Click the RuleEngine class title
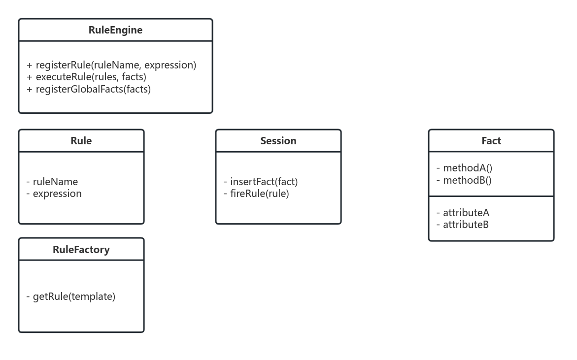pyautogui.click(x=115, y=30)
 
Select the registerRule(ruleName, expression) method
pyautogui.click(x=116, y=65)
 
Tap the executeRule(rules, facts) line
pyautogui.click(x=91, y=77)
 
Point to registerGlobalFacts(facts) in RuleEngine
pyautogui.click(x=93, y=89)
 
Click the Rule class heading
pyautogui.click(x=81, y=141)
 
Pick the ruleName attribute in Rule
pyautogui.click(x=55, y=182)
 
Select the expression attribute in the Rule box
pyautogui.click(x=57, y=194)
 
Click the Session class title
pyautogui.click(x=278, y=141)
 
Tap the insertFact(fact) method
pyautogui.click(x=264, y=182)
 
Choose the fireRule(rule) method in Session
pyautogui.click(x=259, y=194)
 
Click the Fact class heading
pyautogui.click(x=491, y=141)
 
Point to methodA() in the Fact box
pyautogui.click(x=467, y=168)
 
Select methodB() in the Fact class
pyautogui.click(x=467, y=180)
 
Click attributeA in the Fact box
pyautogui.click(x=466, y=213)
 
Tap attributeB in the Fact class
pyautogui.click(x=466, y=225)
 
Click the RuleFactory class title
pyautogui.click(x=81, y=250)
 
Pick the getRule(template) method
pyautogui.click(x=74, y=296)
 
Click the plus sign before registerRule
pyautogui.click(x=30, y=65)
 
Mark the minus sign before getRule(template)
pyautogui.click(x=28, y=296)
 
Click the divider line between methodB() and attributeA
pyautogui.click(x=491, y=196)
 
